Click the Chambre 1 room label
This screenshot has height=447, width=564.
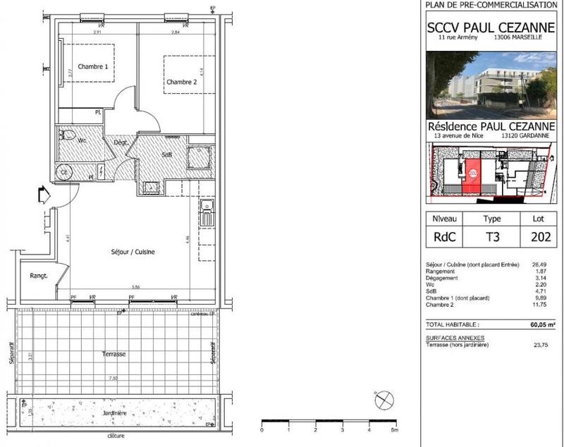[x=92, y=67]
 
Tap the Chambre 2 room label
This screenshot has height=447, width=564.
[x=181, y=82]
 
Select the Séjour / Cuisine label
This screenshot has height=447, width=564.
[x=133, y=252]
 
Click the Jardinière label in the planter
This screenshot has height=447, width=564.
[x=113, y=413]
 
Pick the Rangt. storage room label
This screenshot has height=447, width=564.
[x=38, y=276]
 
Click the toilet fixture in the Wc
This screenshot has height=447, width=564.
[x=68, y=135]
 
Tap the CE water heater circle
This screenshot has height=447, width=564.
[x=63, y=171]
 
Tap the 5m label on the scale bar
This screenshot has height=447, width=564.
[x=395, y=429]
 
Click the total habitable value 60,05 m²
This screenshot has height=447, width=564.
[x=539, y=326]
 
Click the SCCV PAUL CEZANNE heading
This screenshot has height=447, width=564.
[x=491, y=28]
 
